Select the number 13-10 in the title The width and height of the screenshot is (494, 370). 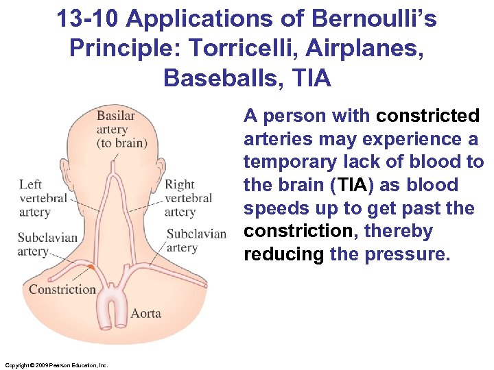click(87, 20)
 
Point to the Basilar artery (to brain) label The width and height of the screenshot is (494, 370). click(121, 129)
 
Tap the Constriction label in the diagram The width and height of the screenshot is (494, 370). click(62, 289)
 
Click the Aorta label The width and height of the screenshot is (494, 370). click(145, 313)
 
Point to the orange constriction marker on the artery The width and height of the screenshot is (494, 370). click(91, 266)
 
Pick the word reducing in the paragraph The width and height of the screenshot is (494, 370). click(283, 254)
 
